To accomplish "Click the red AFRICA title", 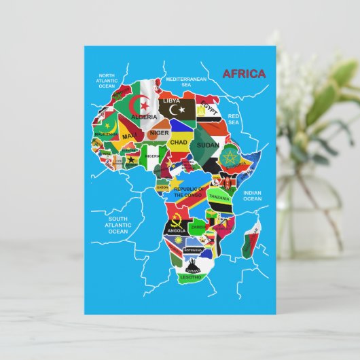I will pyautogui.click(x=244, y=74).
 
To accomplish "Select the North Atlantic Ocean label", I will pyautogui.click(x=107, y=81).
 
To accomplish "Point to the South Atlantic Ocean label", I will pyautogui.click(x=118, y=225).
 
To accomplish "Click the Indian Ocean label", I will pyautogui.click(x=252, y=196).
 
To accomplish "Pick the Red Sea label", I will pyautogui.click(x=234, y=120).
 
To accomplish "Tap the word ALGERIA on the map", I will pyautogui.click(x=144, y=116).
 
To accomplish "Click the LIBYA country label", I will pyautogui.click(x=172, y=101).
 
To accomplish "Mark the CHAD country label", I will pyautogui.click(x=178, y=142).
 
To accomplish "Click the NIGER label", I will pyautogui.click(x=159, y=133).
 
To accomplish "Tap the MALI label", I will pyautogui.click(x=129, y=136).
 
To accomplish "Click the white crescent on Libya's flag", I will pyautogui.click(x=180, y=108).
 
